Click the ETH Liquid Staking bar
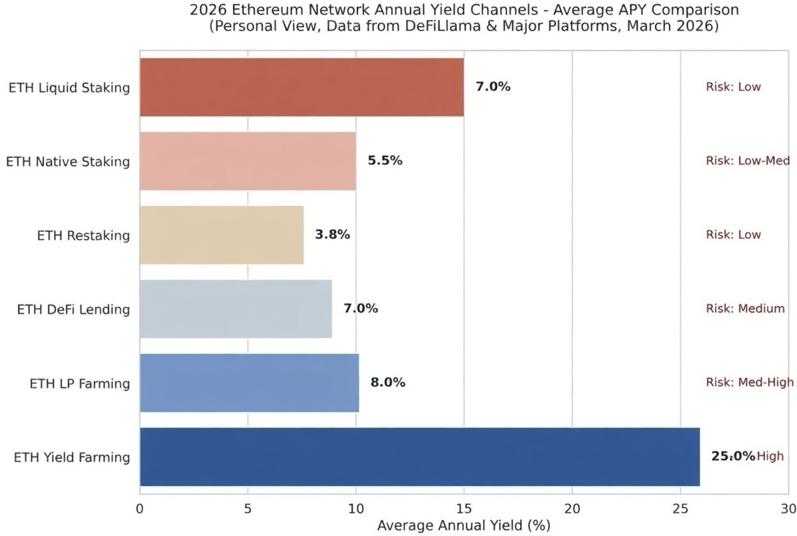[302, 87]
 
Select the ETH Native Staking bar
[248, 161]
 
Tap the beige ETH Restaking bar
[221, 234]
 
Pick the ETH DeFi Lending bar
[235, 309]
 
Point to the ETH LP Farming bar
[249, 383]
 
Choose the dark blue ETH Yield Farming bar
[419, 456]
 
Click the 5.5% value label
[385, 161]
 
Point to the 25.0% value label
[733, 456]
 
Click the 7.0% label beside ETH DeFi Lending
[360, 309]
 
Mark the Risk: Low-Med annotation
[747, 161]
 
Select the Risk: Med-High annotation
[750, 383]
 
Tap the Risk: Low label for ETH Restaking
[733, 234]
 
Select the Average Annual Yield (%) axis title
[464, 526]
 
